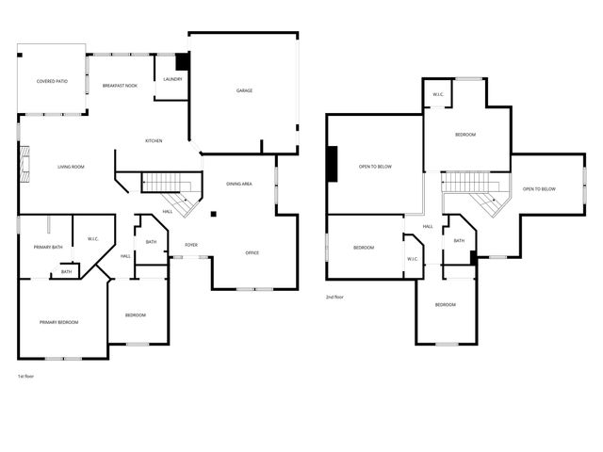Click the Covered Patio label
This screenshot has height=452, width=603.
pyautogui.click(x=52, y=82)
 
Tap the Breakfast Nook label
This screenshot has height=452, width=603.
pyautogui.click(x=121, y=86)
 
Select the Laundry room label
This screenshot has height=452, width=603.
pyautogui.click(x=172, y=79)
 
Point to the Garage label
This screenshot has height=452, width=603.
pyautogui.click(x=244, y=90)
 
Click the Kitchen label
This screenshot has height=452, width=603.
pyautogui.click(x=154, y=141)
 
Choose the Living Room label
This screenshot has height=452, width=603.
pyautogui.click(x=71, y=167)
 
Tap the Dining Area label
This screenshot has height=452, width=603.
pyautogui.click(x=239, y=184)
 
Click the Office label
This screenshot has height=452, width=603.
pyautogui.click(x=253, y=253)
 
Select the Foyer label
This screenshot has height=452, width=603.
pyautogui.click(x=191, y=244)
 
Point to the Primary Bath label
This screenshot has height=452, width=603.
pyautogui.click(x=48, y=247)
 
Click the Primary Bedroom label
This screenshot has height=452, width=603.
pyautogui.click(x=58, y=322)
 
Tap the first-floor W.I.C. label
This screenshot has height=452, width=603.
pyautogui.click(x=94, y=238)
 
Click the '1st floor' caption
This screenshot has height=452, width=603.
pyautogui.click(x=26, y=376)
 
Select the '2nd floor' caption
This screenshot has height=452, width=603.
pyautogui.click(x=334, y=297)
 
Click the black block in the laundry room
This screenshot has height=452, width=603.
pyautogui.click(x=183, y=60)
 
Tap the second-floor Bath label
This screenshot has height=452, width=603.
pyautogui.click(x=459, y=240)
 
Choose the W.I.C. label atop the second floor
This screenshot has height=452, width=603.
pyautogui.click(x=438, y=94)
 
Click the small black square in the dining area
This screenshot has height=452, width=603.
pyautogui.click(x=214, y=214)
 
